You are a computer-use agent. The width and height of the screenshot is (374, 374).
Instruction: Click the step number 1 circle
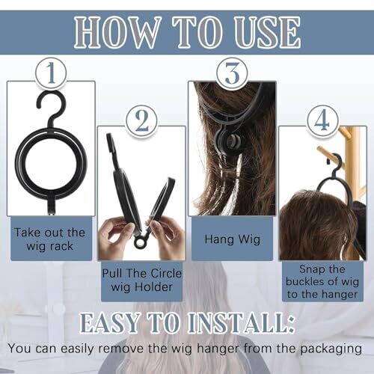[x=51, y=73]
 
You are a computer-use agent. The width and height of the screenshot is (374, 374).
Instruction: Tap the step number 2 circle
[x=142, y=121]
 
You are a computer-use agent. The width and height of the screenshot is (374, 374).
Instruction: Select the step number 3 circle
[x=232, y=73]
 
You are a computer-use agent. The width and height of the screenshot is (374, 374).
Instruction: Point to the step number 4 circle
[x=322, y=121]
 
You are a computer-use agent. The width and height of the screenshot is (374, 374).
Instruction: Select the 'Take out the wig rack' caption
[x=50, y=239]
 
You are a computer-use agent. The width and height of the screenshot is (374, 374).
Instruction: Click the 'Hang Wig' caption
[x=233, y=239]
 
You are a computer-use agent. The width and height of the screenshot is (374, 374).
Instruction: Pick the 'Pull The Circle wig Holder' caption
[x=142, y=280]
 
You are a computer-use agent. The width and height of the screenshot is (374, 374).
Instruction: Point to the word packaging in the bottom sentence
[x=331, y=349]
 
